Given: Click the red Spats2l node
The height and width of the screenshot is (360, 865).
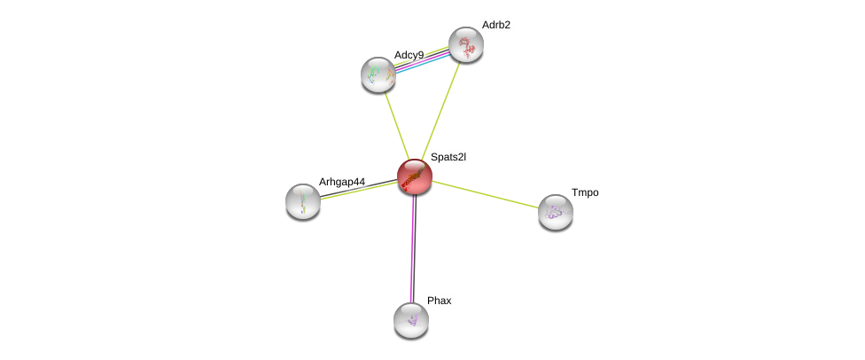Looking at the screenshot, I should pos(414,176).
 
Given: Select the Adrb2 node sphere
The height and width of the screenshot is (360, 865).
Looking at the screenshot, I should pos(465,44).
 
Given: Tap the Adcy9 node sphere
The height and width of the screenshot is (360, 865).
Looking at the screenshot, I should pos(378,74).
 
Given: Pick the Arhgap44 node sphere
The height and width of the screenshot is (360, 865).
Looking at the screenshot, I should pos(303,201).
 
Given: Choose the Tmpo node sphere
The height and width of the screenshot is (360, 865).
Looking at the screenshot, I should pos(556,212).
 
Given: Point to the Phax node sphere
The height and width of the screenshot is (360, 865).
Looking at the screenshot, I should pos(411,319).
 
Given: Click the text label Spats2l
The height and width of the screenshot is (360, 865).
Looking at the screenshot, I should pos(448,157).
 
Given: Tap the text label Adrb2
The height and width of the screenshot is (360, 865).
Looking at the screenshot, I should pos(495,25).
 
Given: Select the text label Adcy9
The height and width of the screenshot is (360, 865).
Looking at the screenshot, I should pos(409,55).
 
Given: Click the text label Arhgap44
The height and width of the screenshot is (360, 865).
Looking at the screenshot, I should pos(341,182).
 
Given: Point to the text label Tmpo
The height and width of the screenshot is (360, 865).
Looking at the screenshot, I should pos(584,192).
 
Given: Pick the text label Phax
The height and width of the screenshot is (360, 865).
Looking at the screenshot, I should pos(439,301).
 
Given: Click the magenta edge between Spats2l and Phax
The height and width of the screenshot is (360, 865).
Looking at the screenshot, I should pos(412,248).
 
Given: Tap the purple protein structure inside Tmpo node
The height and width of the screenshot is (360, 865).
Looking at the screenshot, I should pos(555,212).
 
